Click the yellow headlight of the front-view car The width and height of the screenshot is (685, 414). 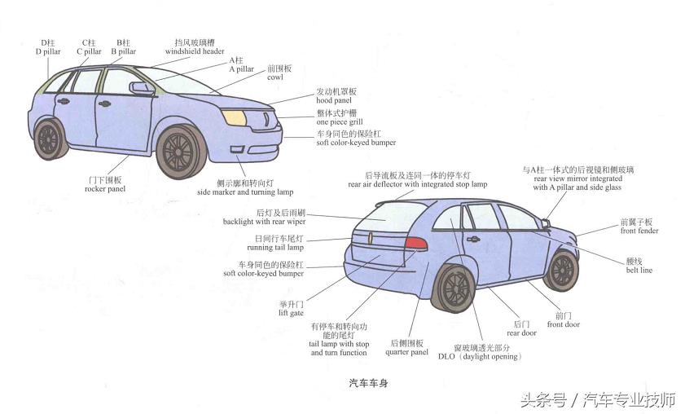235,117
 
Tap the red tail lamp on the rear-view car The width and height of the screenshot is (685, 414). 416,243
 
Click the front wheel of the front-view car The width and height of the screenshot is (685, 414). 180,152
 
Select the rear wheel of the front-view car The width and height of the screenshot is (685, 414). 49,139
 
